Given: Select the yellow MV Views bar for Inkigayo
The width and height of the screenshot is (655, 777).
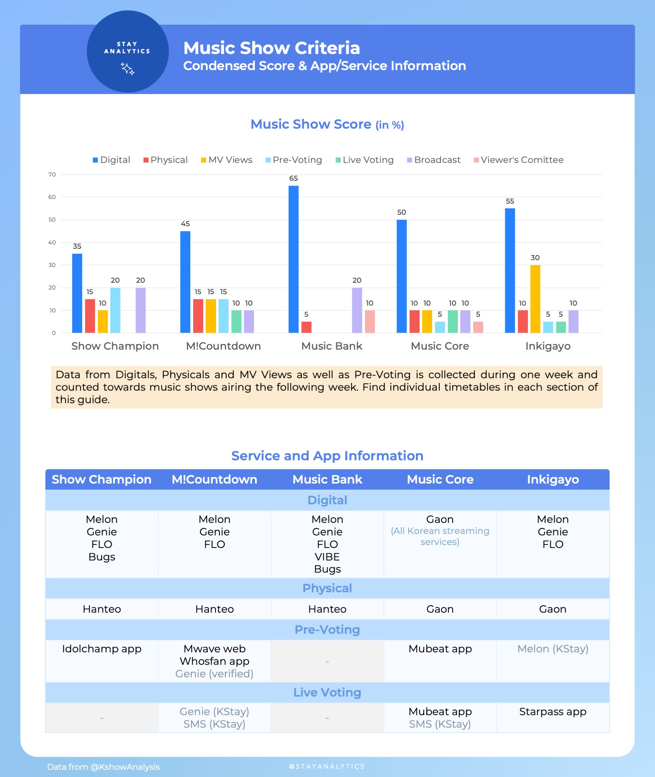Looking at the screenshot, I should [x=535, y=298].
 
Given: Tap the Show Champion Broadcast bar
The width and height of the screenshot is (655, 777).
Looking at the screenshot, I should [x=140, y=310].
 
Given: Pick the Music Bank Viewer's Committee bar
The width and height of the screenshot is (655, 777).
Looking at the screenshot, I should [x=370, y=321].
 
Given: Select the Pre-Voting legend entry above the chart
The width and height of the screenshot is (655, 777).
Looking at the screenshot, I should [x=294, y=160].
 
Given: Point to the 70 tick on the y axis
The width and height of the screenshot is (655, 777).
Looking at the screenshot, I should [x=52, y=174].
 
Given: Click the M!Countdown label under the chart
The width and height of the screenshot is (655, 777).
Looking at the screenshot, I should [x=223, y=346].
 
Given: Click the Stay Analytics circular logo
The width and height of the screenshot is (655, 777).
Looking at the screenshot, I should [x=127, y=51].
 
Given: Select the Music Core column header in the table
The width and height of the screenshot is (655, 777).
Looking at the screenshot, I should [x=440, y=479].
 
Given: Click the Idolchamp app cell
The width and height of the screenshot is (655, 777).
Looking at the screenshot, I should [x=102, y=649].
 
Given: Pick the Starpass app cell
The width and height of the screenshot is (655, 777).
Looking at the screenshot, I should [x=553, y=711].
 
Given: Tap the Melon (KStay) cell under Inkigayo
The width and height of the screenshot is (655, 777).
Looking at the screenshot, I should [x=553, y=649].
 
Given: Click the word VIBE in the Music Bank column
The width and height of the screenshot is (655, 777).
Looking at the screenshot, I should [x=327, y=557].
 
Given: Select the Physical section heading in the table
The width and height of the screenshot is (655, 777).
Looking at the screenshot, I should [x=327, y=588].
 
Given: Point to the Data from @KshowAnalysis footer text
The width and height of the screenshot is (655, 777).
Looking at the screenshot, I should [x=103, y=767].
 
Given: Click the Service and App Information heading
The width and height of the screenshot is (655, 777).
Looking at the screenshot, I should [x=327, y=455].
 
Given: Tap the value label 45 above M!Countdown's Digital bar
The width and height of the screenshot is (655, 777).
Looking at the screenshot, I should [x=185, y=224].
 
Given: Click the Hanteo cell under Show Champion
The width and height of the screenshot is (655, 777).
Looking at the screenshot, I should [x=102, y=609].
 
